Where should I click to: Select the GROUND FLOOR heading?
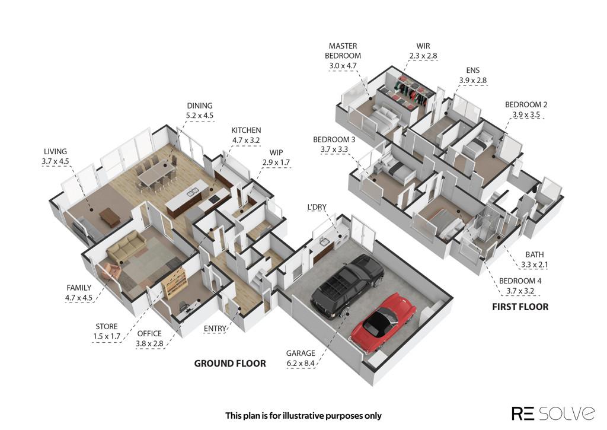point(230,364)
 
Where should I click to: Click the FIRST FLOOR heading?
point(520,307)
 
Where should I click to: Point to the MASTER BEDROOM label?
point(343,51)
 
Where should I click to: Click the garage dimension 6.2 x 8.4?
point(301,364)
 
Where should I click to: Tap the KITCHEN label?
point(246,130)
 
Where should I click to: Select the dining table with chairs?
point(156,174)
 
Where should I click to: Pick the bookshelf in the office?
point(175,282)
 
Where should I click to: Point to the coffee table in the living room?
point(110,217)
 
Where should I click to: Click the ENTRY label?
point(215,329)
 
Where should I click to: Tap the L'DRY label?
point(317,207)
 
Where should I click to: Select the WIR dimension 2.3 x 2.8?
point(423,56)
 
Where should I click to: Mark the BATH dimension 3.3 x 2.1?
point(534,265)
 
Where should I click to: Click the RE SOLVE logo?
point(553,413)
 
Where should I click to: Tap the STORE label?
point(107,327)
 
